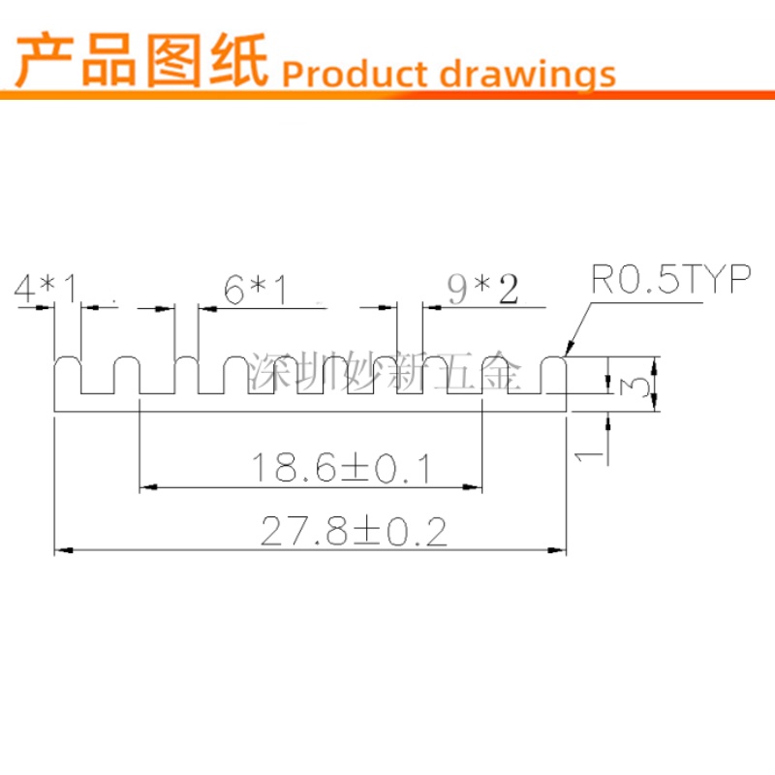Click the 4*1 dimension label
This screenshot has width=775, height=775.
click(46, 288)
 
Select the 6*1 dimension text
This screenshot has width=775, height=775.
click(255, 289)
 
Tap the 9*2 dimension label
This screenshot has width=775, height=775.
click(482, 290)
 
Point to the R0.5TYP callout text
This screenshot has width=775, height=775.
click(670, 279)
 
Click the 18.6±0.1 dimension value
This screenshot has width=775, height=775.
click(341, 468)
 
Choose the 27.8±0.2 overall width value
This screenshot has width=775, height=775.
click(354, 531)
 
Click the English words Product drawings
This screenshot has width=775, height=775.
click(449, 75)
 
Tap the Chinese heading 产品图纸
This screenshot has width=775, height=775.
click(142, 60)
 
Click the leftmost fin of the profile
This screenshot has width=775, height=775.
click(67, 376)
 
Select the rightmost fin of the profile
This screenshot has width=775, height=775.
click(553, 376)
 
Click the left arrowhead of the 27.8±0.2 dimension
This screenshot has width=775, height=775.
click(63, 550)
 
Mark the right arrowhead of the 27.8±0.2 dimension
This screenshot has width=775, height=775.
click(557, 550)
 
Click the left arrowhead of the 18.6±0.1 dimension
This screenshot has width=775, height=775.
click(148, 487)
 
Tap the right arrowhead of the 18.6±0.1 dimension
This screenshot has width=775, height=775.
click(472, 487)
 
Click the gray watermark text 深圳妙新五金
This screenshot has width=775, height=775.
click(385, 371)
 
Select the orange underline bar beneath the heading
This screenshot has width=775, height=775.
click(387, 95)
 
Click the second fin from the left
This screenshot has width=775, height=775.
click(127, 376)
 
